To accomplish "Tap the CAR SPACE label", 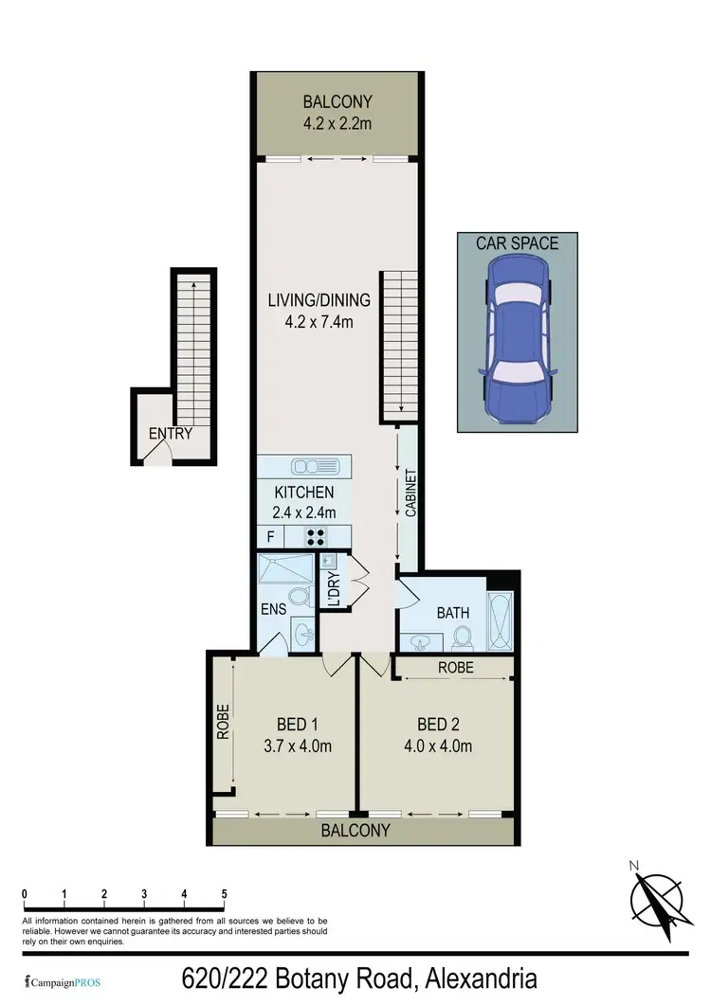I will pyautogui.click(x=517, y=243).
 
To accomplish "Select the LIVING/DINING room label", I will pyautogui.click(x=319, y=301).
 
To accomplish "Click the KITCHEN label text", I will pyautogui.click(x=303, y=493).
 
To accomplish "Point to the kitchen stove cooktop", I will pyautogui.click(x=315, y=536).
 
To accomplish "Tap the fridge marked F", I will pyautogui.click(x=271, y=536).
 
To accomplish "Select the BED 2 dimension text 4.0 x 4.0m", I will pyautogui.click(x=439, y=745).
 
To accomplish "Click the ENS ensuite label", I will pyautogui.click(x=273, y=610).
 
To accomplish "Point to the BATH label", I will pyautogui.click(x=453, y=613).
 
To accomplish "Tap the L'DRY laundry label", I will pyautogui.click(x=334, y=588).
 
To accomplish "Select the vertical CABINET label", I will pyautogui.click(x=411, y=493).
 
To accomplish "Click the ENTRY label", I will pyautogui.click(x=171, y=435).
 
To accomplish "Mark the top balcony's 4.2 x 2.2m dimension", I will pyautogui.click(x=337, y=122).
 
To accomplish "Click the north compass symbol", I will pyautogui.click(x=656, y=895).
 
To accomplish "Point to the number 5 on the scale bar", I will pyautogui.click(x=224, y=894).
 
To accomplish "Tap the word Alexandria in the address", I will pyautogui.click(x=484, y=978).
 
